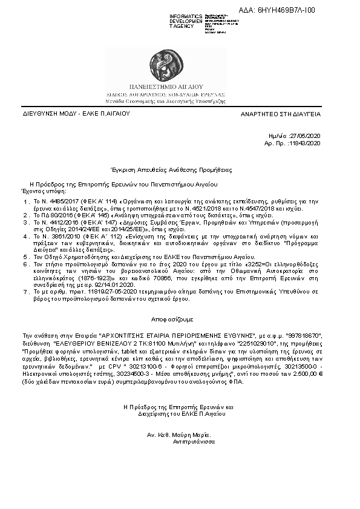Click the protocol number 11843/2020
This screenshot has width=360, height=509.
click(x=306, y=143)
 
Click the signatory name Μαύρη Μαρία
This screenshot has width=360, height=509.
click(x=190, y=435)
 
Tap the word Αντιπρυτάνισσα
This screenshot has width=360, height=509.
click(x=193, y=442)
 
